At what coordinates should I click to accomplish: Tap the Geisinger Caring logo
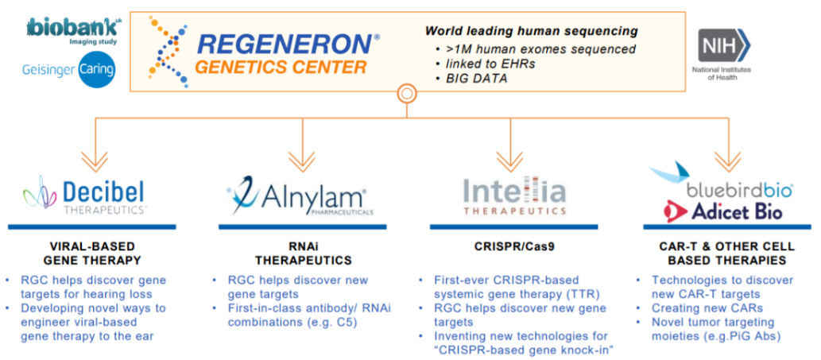(x=68, y=70)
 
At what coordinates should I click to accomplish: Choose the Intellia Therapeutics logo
(x=514, y=195)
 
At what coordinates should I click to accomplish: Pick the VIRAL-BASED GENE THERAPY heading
(x=91, y=254)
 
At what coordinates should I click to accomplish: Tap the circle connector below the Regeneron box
(x=406, y=95)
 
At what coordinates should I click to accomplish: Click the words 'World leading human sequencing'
(x=532, y=31)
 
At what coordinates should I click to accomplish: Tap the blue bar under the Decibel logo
(x=91, y=226)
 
